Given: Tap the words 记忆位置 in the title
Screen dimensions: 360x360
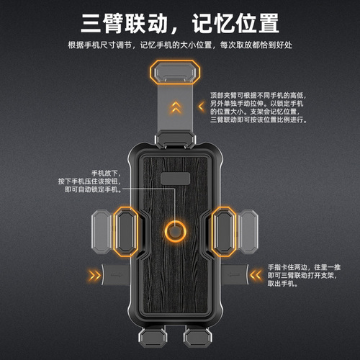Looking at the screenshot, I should coord(234,24).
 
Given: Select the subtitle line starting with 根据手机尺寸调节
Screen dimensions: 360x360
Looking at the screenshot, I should coord(180,45).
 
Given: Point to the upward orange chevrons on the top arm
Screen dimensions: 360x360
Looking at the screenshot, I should coord(174,108).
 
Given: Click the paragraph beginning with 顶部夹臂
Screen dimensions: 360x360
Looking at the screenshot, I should coord(259,107).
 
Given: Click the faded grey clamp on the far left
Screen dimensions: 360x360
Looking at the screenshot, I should coord(102,231).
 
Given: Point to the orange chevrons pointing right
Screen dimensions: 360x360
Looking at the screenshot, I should coord(94,274).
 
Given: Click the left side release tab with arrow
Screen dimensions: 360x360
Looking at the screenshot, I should coord(115,274).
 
